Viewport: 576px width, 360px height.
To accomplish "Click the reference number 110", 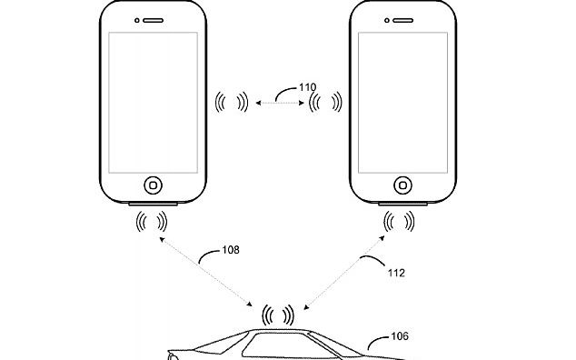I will point(308,88).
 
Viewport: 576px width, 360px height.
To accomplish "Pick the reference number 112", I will point(395,272).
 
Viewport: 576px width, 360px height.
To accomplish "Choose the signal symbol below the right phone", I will point(401,221).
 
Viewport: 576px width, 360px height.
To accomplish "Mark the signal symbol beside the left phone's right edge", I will point(232,102).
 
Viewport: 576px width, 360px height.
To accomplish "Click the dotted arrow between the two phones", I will point(277,104).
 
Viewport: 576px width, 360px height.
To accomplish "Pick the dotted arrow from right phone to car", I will point(345,274).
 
